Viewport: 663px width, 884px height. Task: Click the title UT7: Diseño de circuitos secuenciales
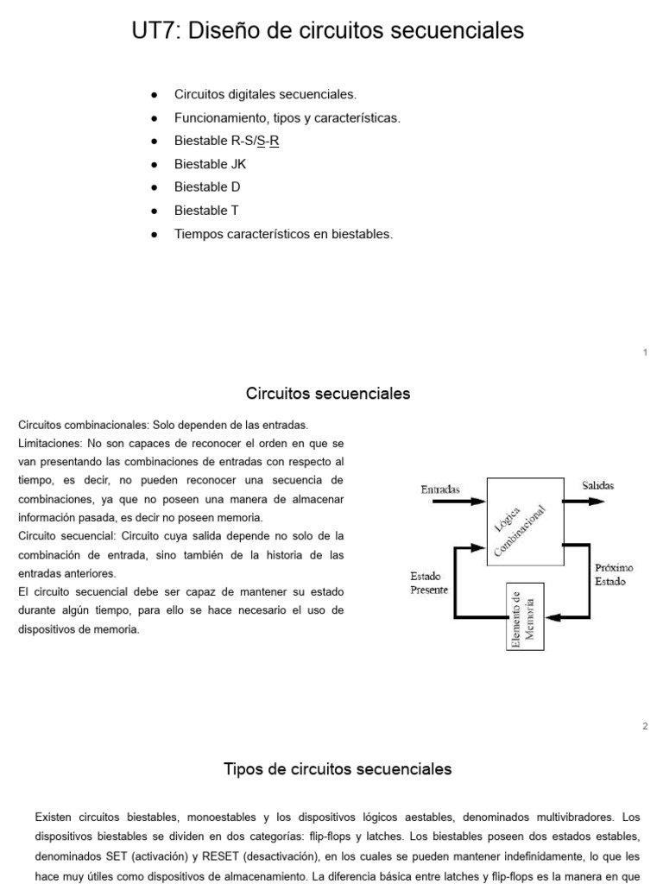(x=328, y=31)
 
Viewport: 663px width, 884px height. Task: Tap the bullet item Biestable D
(x=207, y=186)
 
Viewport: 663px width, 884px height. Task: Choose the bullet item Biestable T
(x=207, y=210)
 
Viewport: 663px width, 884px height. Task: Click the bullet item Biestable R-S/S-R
(x=227, y=140)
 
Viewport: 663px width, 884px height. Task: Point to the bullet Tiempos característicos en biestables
(x=283, y=233)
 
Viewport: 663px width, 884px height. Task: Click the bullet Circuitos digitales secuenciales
(x=265, y=94)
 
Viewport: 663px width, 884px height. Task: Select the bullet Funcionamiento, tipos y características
(x=287, y=117)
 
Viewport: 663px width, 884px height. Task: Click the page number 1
(x=645, y=352)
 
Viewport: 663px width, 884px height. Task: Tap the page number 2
(x=645, y=726)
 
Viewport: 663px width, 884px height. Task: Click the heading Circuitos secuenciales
(x=328, y=395)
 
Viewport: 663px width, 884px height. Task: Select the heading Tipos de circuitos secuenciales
(x=338, y=768)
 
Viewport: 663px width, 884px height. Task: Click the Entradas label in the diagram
(x=440, y=489)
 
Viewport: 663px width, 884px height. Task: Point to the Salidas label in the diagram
(x=597, y=486)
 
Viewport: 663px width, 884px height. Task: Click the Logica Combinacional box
(x=524, y=521)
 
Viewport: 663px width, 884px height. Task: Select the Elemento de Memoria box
(x=523, y=616)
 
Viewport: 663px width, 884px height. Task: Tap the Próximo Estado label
(x=614, y=574)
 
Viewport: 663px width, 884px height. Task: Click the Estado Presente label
(x=428, y=584)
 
